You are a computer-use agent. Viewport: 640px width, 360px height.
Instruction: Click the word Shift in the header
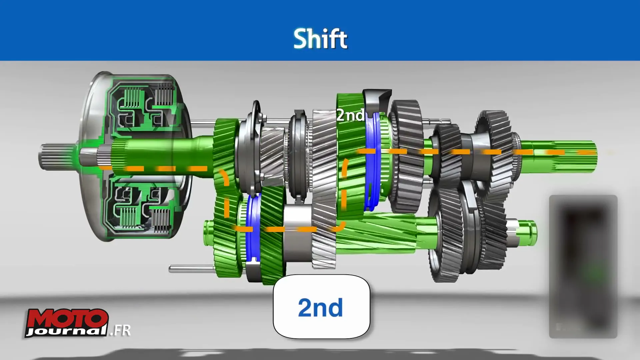(320, 39)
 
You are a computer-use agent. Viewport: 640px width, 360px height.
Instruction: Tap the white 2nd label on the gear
(350, 115)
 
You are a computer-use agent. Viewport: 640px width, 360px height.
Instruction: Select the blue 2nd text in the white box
(320, 307)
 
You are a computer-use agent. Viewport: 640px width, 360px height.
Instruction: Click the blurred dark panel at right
(583, 267)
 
